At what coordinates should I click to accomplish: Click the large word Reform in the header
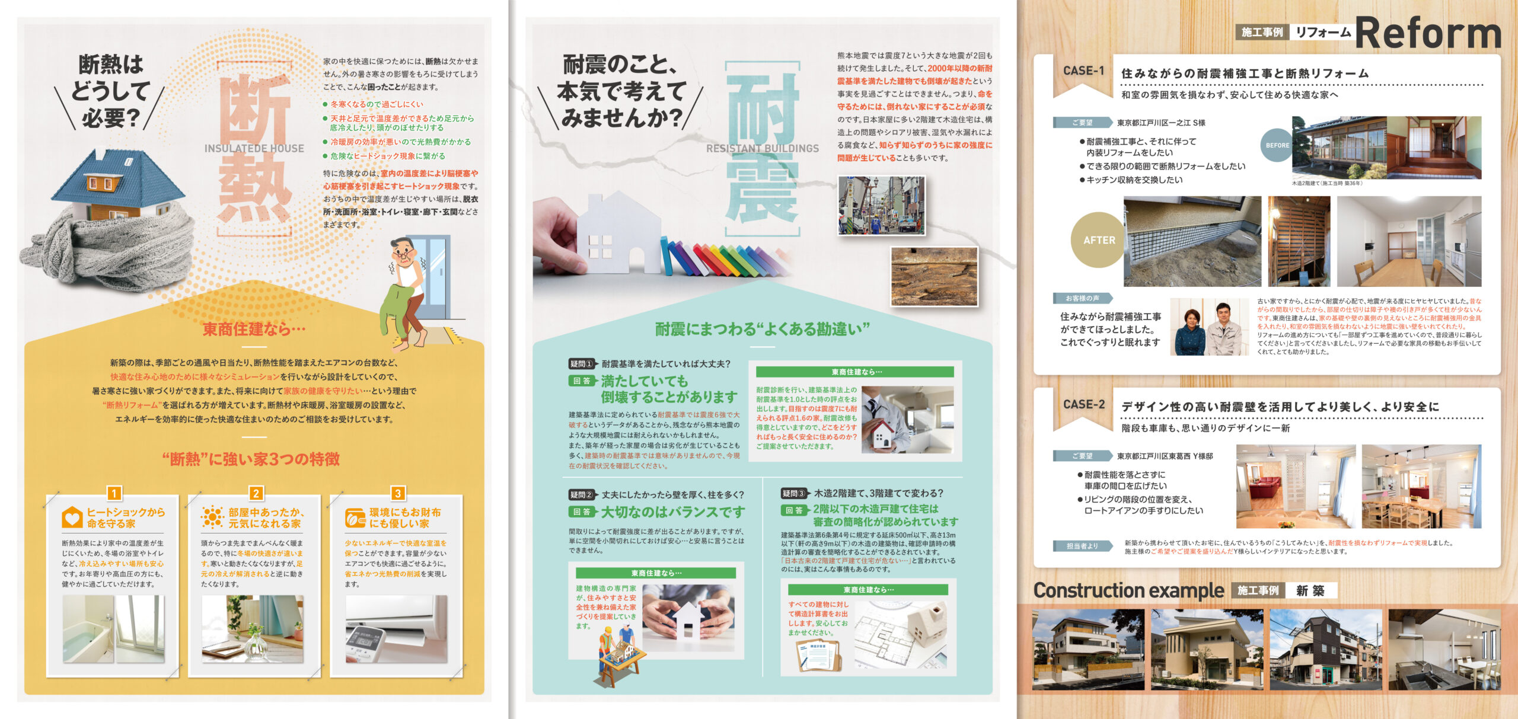pos(1428,33)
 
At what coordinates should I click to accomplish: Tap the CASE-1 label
pos(1083,71)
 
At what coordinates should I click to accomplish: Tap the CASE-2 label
pos(1083,404)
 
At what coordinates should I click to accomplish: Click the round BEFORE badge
pos(1277,145)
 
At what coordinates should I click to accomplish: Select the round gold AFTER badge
pos(1099,240)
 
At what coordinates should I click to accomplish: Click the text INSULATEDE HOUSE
pos(254,149)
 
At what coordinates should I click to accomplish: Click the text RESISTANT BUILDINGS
pos(762,149)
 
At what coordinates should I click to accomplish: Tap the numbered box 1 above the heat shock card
pos(114,493)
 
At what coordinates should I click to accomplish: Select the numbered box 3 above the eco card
pos(398,493)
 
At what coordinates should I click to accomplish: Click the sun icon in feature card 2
pos(212,517)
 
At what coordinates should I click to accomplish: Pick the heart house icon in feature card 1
pos(72,517)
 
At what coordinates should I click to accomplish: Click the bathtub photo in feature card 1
pos(113,629)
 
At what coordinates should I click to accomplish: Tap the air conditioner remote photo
pos(396,629)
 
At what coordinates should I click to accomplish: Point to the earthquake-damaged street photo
pos(881,205)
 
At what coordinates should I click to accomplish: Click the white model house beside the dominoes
pos(617,234)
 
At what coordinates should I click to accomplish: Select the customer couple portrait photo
pos(1208,327)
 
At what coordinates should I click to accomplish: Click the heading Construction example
pos(1128,590)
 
